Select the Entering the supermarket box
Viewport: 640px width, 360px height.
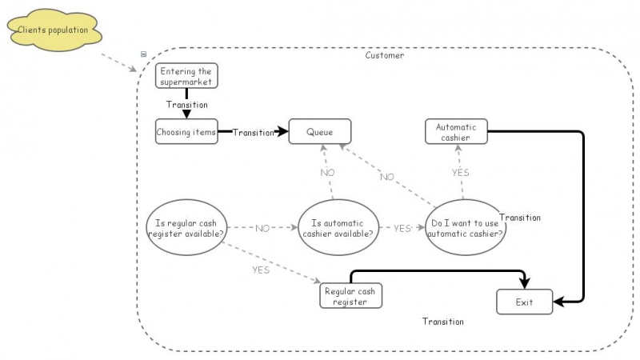(186, 76)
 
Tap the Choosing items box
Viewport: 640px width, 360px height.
(186, 132)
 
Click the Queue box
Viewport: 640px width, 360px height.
(319, 132)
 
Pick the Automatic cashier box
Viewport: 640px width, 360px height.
(455, 132)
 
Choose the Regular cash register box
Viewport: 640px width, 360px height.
(350, 296)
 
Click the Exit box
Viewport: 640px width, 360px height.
(524, 302)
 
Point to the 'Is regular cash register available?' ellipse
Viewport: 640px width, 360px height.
(186, 229)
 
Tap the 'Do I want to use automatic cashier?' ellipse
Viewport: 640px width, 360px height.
(466, 229)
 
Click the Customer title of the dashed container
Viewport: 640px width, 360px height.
(385, 56)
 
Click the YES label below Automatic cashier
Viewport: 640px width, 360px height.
(461, 172)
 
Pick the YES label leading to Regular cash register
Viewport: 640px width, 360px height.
(261, 270)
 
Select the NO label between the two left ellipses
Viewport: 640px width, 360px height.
(262, 229)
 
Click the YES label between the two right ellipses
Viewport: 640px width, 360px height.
(402, 229)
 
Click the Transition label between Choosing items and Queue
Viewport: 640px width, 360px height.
(253, 133)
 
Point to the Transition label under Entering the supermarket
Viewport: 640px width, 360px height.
(186, 105)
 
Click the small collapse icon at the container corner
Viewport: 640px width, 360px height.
(144, 54)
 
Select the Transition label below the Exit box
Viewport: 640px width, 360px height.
(443, 322)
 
